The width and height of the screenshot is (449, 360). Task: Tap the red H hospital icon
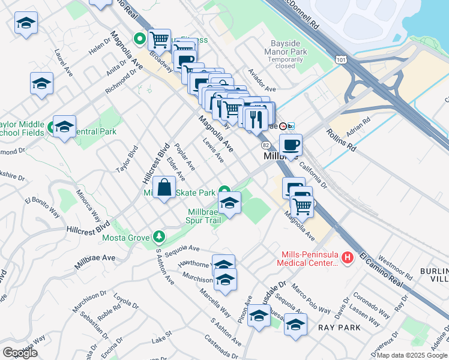(x=346, y=257)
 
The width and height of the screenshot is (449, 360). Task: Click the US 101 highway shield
(x=341, y=59)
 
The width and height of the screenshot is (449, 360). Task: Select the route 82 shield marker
(x=265, y=145)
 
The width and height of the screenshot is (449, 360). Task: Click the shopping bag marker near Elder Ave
(x=164, y=188)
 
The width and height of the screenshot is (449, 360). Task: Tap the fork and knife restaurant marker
(x=256, y=119)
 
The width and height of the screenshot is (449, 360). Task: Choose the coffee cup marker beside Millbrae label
(x=291, y=145)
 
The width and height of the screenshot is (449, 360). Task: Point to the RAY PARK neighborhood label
(x=340, y=328)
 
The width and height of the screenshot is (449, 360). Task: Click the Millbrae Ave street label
(x=95, y=262)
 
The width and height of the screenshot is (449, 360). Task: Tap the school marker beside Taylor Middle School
(x=64, y=127)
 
